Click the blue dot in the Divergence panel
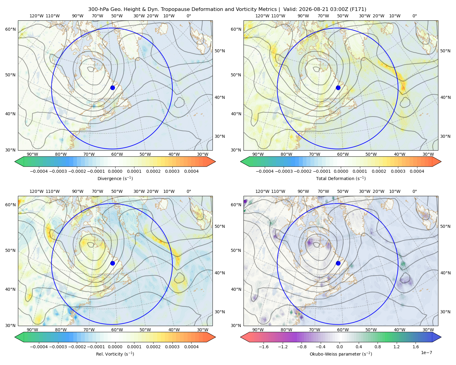click(112, 88)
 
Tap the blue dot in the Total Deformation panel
click(338, 88)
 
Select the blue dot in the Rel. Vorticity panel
click(112, 263)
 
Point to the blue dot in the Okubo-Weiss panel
click(338, 263)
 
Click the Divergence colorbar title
click(115, 179)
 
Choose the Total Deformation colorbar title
click(341, 179)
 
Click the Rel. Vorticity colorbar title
click(115, 354)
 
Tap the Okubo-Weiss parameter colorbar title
click(341, 354)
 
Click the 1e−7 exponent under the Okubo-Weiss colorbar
click(426, 353)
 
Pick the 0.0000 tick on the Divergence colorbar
click(115, 171)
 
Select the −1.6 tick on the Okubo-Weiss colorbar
click(264, 347)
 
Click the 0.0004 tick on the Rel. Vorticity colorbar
click(191, 347)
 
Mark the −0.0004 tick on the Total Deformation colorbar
click(265, 171)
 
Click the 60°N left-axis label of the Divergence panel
click(10, 29)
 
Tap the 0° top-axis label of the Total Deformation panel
click(414, 16)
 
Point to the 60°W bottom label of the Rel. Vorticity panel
click(117, 330)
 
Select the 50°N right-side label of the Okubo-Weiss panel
click(445, 226)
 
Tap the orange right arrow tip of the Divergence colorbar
click(216, 162)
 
